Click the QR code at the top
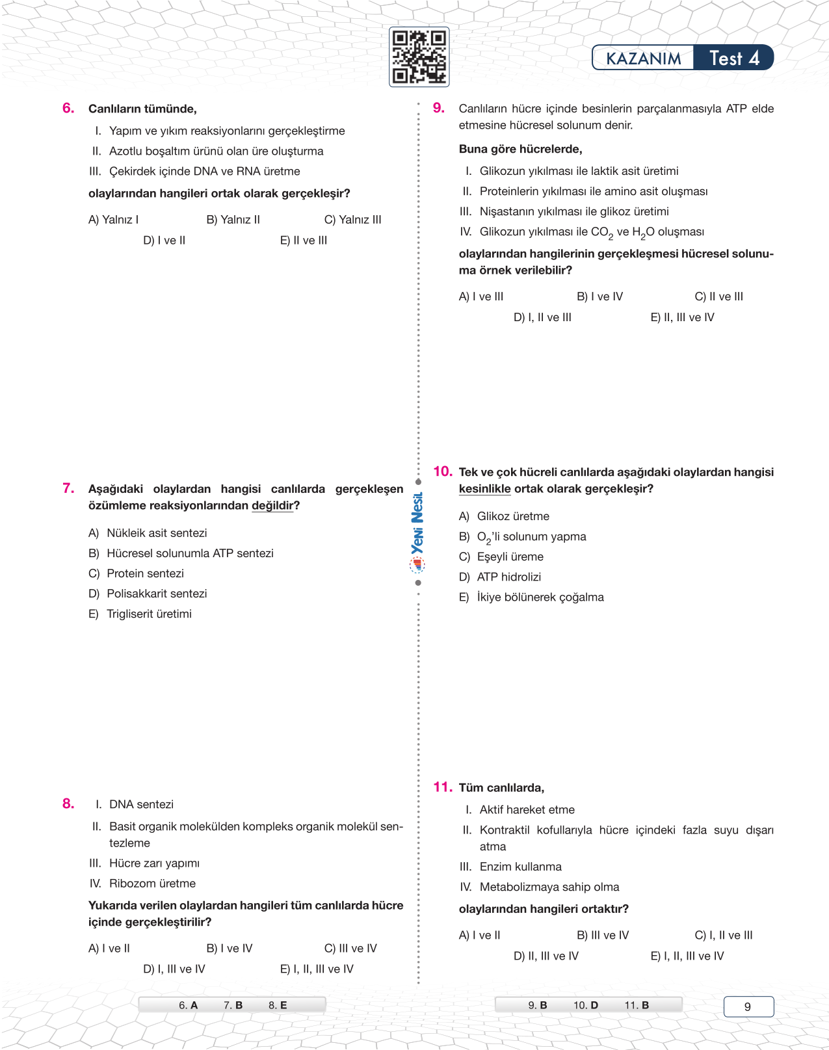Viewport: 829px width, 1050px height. pos(419,57)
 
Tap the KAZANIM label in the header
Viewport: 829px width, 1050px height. pos(643,59)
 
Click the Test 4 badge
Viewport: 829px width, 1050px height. pos(734,59)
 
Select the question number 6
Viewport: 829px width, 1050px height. pos(68,108)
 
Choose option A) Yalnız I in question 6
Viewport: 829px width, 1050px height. pos(114,220)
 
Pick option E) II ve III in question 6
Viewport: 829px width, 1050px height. pos(304,241)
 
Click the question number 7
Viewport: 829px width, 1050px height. pos(68,488)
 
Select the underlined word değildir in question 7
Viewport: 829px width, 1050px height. pos(272,506)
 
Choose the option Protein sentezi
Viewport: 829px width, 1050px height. pos(144,573)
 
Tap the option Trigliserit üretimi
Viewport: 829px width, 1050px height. pos(148,614)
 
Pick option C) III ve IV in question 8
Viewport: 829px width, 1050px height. pos(350,949)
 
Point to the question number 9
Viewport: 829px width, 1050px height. pos(439,108)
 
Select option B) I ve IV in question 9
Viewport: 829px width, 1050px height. pos(599,296)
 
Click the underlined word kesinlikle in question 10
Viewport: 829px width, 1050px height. pos(484,489)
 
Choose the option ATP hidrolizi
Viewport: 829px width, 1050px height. pos(508,577)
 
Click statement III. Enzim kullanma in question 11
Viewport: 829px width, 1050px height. pos(520,867)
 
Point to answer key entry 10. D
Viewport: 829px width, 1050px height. pos(586,1005)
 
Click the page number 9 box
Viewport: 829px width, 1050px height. pos(748,1006)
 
